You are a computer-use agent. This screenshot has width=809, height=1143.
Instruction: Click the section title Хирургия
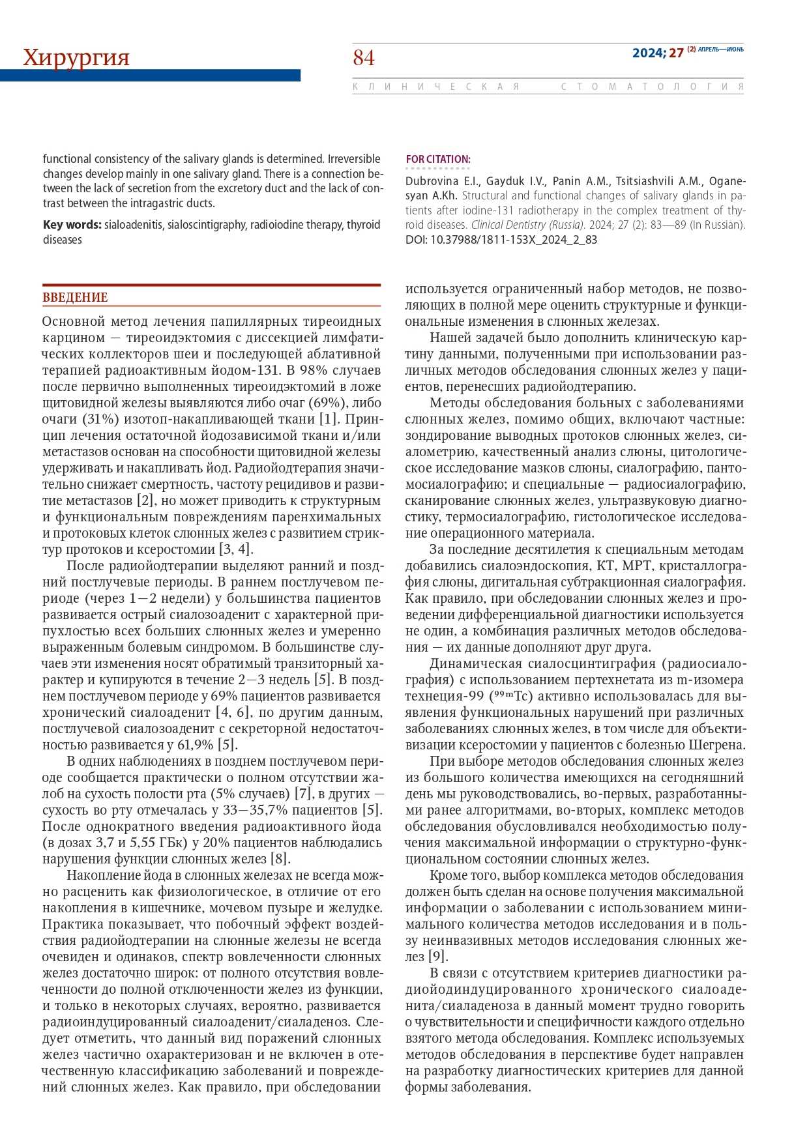pyautogui.click(x=76, y=58)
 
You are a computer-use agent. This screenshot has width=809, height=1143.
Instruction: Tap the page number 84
pyautogui.click(x=364, y=59)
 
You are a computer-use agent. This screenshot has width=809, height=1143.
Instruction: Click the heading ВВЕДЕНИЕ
pyautogui.click(x=75, y=298)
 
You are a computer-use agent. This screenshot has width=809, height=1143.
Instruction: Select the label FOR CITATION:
pyautogui.click(x=437, y=159)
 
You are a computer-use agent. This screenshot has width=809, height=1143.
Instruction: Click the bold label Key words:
pyautogui.click(x=72, y=225)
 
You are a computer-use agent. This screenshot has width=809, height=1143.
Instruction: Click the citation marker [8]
pyautogui.click(x=280, y=859)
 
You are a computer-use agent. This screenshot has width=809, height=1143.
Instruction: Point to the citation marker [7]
pyautogui.click(x=304, y=794)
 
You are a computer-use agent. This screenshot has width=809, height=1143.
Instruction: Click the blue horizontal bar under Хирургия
pyautogui.click(x=150, y=76)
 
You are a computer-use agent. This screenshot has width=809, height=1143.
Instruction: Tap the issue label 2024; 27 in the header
pyautogui.click(x=658, y=53)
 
